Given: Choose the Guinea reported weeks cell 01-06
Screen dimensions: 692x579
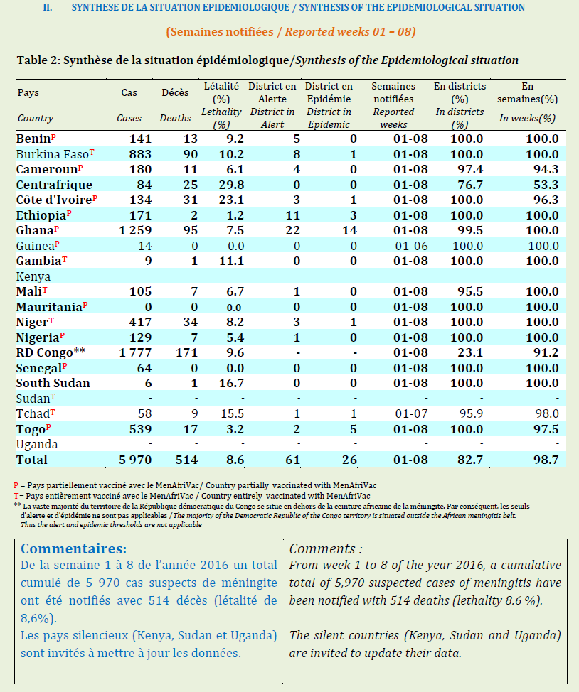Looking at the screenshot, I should click(x=410, y=246).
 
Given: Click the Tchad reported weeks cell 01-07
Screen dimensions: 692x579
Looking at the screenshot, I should click(x=410, y=414).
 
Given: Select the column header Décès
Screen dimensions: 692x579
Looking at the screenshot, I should click(x=175, y=92).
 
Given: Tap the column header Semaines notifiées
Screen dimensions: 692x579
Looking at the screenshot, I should click(x=393, y=92).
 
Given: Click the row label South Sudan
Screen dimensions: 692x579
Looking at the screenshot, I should click(x=53, y=384).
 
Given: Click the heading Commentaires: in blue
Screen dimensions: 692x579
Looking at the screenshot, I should click(x=74, y=549).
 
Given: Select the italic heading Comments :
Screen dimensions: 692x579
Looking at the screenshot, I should click(x=326, y=549).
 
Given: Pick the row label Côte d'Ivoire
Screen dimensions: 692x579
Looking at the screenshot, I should click(x=54, y=200).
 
